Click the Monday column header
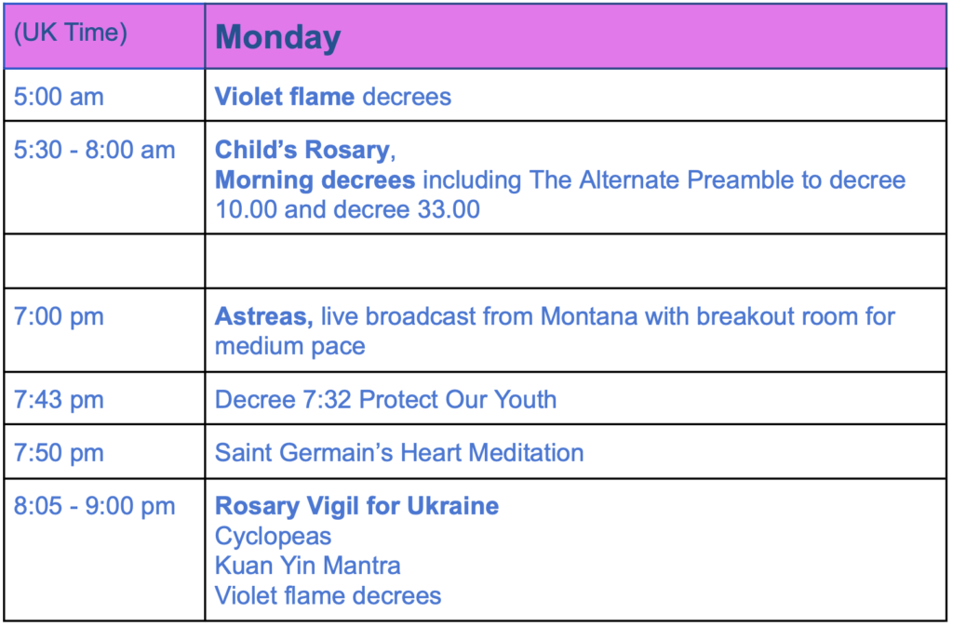tap(277, 37)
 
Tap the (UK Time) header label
tap(71, 33)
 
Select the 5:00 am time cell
tap(59, 97)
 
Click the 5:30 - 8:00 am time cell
tap(94, 150)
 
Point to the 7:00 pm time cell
tap(59, 317)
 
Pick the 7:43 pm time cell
tap(59, 400)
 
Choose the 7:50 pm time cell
tap(59, 453)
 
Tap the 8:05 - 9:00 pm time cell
tap(94, 506)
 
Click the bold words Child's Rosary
tap(302, 150)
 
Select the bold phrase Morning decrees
tap(315, 180)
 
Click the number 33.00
tap(449, 209)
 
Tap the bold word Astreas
tap(263, 317)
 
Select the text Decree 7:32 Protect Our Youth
tap(385, 400)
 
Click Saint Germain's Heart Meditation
tap(398, 453)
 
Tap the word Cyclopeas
tap(273, 537)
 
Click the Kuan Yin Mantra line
tap(307, 566)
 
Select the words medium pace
tap(290, 347)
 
